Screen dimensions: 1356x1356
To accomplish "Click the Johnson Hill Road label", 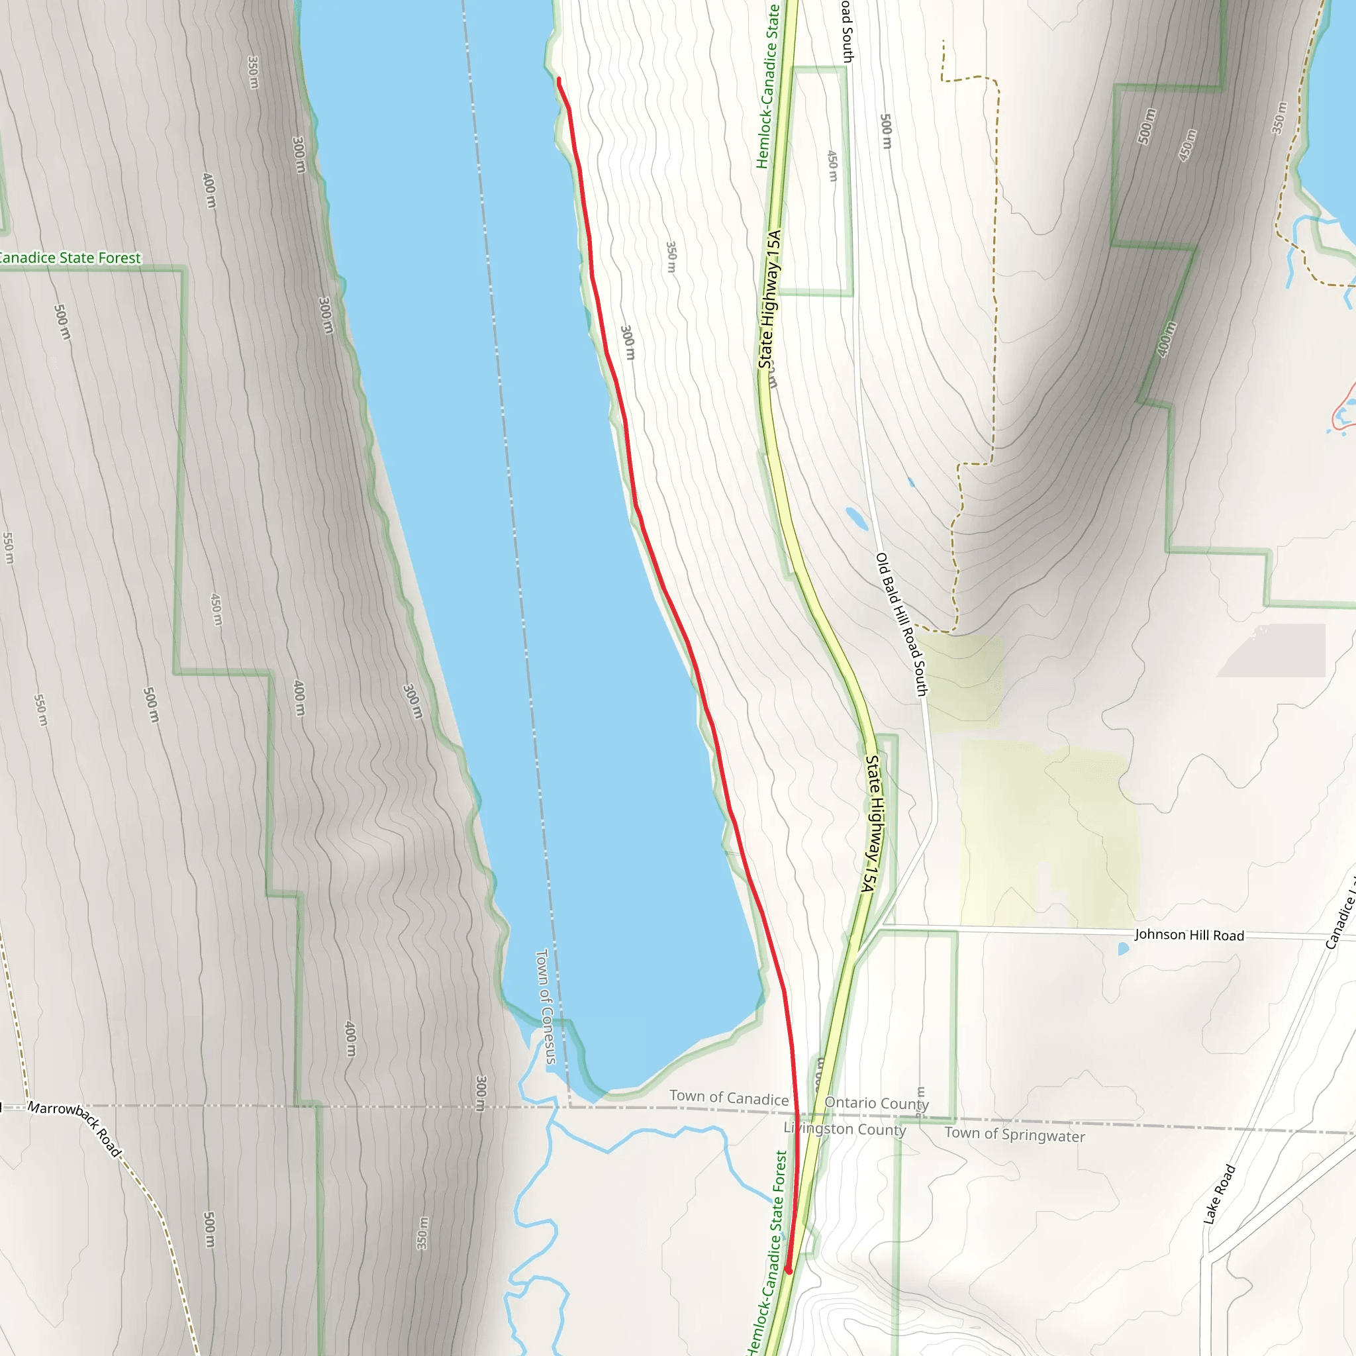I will click(x=1189, y=935).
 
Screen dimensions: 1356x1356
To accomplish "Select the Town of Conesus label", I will click(x=546, y=1006).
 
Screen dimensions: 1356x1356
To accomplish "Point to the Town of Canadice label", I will click(x=728, y=1098).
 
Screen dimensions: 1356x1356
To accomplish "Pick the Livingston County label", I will click(x=844, y=1129).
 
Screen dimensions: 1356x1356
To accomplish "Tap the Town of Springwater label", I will click(x=1014, y=1134).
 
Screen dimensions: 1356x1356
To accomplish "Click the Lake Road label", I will click(x=1219, y=1194).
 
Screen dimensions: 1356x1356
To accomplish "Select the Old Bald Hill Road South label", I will click(x=901, y=624).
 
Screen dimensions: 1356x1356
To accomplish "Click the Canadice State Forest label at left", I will click(x=70, y=258).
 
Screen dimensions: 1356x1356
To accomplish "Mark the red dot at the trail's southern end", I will click(x=788, y=1271).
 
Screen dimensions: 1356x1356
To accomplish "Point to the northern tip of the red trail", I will click(x=559, y=80).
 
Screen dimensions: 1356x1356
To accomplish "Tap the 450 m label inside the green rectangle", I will click(x=832, y=166).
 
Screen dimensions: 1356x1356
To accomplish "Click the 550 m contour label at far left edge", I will click(x=8, y=548).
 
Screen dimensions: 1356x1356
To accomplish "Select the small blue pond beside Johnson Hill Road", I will click(x=1123, y=949).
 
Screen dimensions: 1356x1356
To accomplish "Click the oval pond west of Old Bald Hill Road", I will click(x=856, y=518).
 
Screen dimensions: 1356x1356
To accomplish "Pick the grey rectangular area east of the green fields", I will click(x=1272, y=651).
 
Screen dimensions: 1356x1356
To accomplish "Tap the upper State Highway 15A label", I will click(x=769, y=299).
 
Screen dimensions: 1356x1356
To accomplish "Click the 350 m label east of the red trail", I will click(x=671, y=258).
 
